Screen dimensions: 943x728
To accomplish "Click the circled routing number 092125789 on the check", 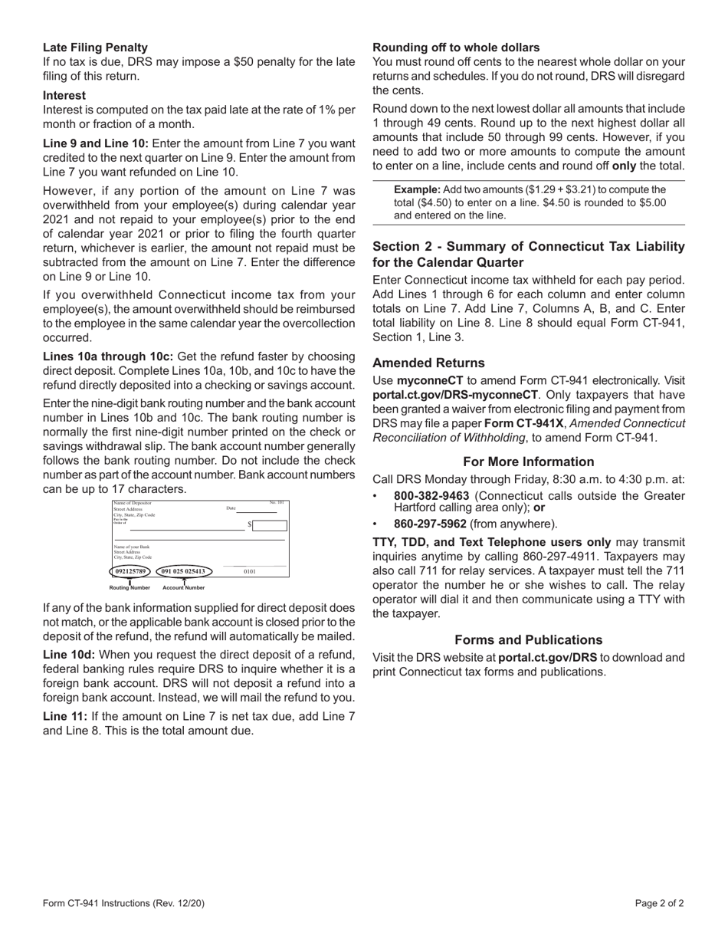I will click(x=130, y=571).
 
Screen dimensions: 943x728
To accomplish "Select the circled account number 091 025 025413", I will click(x=183, y=571).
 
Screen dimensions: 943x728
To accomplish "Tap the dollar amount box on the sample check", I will click(x=270, y=525).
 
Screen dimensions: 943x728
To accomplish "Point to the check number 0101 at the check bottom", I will click(x=250, y=571).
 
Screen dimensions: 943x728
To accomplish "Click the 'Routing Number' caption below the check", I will click(x=130, y=588).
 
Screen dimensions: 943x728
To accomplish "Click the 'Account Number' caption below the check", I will click(x=184, y=588).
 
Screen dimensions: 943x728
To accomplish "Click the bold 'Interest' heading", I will click(x=64, y=96).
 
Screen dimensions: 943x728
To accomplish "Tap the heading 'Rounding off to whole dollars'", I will click(x=456, y=48).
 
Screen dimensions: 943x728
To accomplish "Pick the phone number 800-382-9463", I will click(x=431, y=496).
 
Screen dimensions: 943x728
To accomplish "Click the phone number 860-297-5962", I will click(x=430, y=524).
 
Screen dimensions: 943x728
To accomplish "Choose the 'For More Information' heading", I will click(x=529, y=462).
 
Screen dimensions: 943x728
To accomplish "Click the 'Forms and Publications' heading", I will click(x=529, y=639).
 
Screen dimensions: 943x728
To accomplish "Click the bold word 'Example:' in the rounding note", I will click(x=417, y=189).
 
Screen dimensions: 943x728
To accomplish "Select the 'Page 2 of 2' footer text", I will click(x=659, y=903).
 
